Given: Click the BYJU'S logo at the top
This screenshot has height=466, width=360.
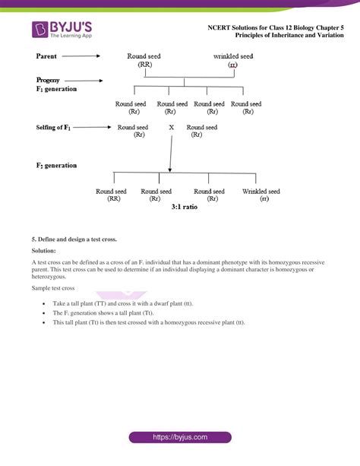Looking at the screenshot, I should [x=62, y=30].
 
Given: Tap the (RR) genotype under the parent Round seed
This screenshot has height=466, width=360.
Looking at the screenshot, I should [x=144, y=65].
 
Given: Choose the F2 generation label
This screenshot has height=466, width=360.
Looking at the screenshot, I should [x=55, y=165].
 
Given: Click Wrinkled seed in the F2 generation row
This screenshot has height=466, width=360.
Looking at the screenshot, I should [x=261, y=192].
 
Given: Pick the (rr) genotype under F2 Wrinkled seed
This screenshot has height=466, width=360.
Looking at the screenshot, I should [x=263, y=199].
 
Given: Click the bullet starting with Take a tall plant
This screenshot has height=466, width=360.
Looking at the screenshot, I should [x=122, y=303].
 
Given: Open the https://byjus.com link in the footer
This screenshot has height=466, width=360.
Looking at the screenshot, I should [x=180, y=438].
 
